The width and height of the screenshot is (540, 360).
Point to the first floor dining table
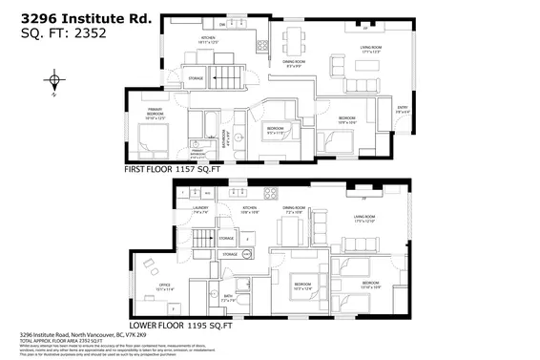coord(290,42)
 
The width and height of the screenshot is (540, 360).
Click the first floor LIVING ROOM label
coord(370,51)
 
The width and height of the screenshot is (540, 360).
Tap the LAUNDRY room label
coord(200,208)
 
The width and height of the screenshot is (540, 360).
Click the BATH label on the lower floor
coord(227,298)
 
